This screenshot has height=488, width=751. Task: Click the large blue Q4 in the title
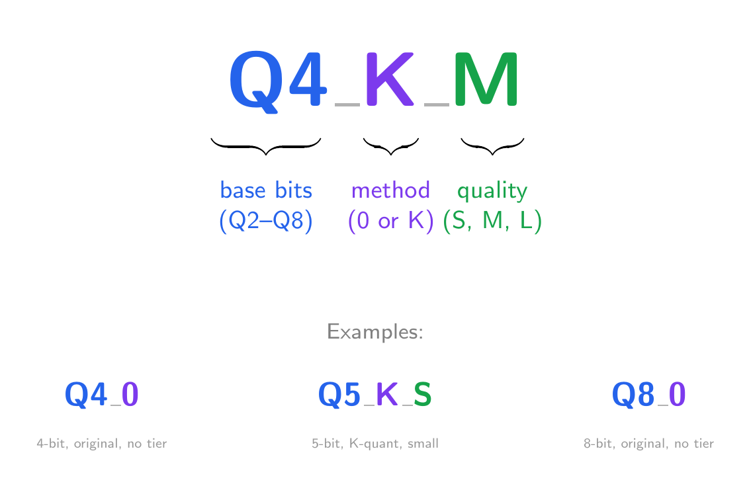click(278, 81)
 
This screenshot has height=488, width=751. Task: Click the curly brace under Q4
click(266, 146)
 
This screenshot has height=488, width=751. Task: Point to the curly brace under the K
click(391, 146)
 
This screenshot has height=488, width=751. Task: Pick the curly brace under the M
click(492, 146)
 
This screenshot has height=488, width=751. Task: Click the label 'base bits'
click(266, 190)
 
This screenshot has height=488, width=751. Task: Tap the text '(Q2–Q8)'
click(265, 221)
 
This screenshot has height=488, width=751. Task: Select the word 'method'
click(391, 190)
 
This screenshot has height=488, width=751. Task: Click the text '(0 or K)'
click(391, 221)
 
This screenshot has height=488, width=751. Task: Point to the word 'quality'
click(492, 190)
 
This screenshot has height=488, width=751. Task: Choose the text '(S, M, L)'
click(492, 221)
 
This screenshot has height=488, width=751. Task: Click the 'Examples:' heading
click(375, 331)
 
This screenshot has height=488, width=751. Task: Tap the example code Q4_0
click(101, 395)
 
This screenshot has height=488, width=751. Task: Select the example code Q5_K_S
click(375, 395)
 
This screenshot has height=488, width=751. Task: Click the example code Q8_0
click(649, 395)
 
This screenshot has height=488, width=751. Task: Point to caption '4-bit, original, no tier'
click(101, 444)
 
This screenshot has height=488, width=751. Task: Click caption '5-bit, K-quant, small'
click(375, 444)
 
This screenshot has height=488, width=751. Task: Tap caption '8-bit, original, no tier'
click(649, 444)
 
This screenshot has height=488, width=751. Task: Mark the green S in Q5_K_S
click(423, 395)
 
